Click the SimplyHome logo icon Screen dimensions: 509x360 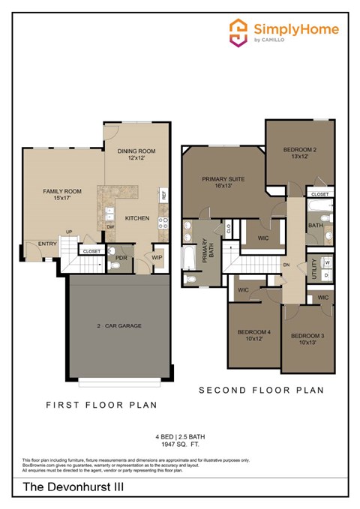click(x=238, y=33)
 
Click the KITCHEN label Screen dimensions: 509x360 click(x=137, y=218)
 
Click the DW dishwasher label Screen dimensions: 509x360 click(x=110, y=226)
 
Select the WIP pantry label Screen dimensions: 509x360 click(x=157, y=257)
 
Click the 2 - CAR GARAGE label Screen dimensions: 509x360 click(x=119, y=326)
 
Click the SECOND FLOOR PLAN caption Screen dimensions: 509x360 click(x=261, y=391)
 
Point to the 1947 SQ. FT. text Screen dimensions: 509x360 click(x=180, y=445)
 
